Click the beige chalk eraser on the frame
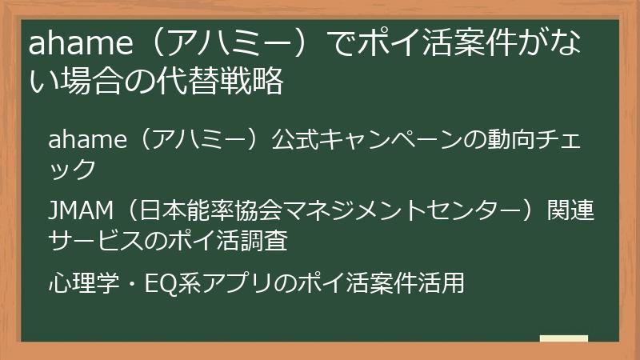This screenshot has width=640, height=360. tap(563, 339)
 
